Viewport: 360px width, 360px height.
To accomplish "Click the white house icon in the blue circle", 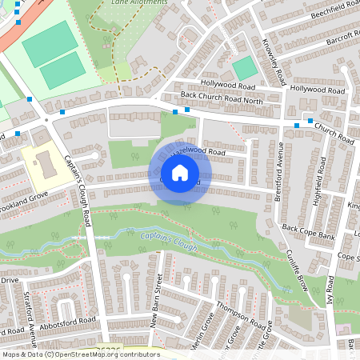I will click(x=179, y=173).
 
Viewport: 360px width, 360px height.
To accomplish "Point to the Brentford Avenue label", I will click(x=280, y=171).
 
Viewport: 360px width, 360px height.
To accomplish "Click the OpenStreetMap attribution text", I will click(x=80, y=354).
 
